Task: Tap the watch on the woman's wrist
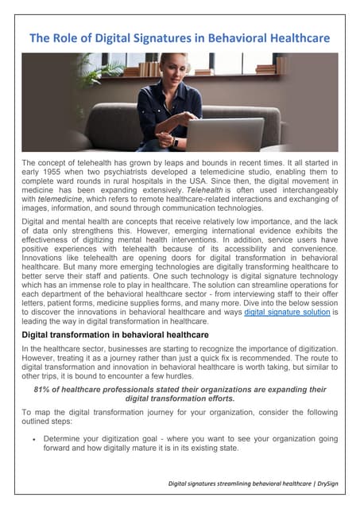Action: (175, 142)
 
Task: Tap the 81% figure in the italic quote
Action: (42, 390)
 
